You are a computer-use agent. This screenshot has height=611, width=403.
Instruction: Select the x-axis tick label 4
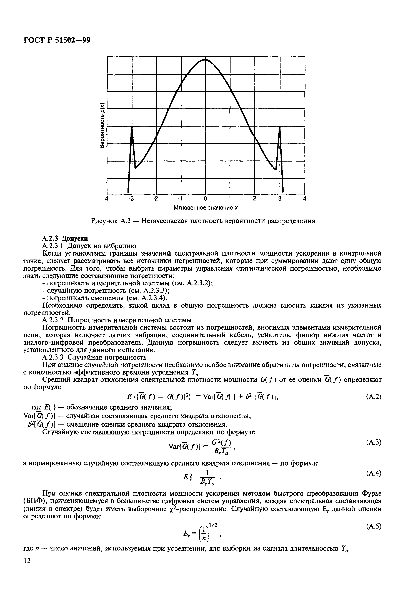(x=305, y=199)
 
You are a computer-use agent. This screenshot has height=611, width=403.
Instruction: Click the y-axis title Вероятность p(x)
(x=102, y=125)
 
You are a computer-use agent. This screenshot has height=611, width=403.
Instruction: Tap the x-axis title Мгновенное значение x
(x=205, y=208)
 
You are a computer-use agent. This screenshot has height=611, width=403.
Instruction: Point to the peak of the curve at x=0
(x=205, y=60)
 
